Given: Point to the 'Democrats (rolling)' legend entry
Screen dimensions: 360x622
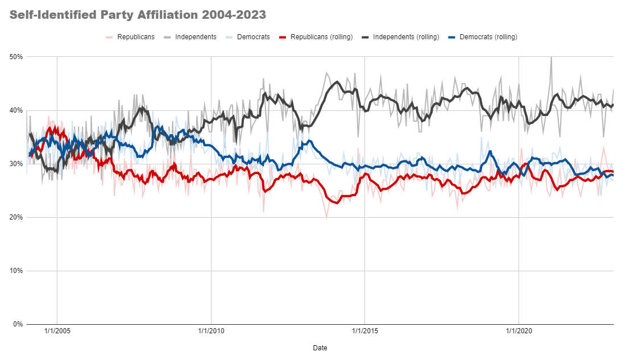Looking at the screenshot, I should (488, 37).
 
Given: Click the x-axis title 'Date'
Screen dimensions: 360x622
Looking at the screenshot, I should (320, 347).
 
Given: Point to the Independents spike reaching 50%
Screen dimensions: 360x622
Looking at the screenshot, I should (551, 57).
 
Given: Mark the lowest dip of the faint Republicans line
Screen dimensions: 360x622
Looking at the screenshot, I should (326, 218).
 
